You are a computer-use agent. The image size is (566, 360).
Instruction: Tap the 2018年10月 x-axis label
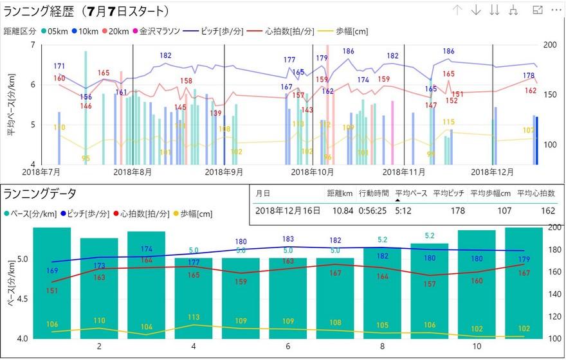pos(313,172)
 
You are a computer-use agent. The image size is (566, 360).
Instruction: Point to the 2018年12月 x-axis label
pos(493,172)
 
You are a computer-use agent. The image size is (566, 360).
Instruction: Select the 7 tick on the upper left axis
pos(32,45)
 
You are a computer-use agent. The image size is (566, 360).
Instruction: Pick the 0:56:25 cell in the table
pos(372,210)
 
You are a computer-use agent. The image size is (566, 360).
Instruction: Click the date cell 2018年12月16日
pos(288,210)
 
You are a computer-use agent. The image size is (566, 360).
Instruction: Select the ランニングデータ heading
pos(40,193)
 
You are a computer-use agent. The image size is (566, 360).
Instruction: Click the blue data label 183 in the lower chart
pos(288,239)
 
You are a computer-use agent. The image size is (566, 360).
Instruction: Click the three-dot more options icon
pos(556,10)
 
